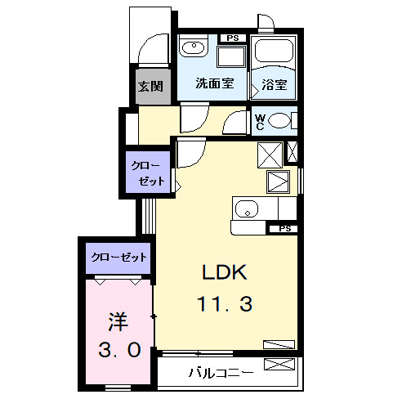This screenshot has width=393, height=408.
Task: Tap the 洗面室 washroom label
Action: pyautogui.click(x=215, y=83)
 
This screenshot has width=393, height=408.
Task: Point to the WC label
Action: pyautogui.click(x=260, y=122)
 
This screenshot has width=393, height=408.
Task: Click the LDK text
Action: pyautogui.click(x=224, y=271)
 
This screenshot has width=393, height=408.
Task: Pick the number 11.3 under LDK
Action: pyautogui.click(x=224, y=305)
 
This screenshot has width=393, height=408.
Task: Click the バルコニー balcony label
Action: pyautogui.click(x=221, y=373)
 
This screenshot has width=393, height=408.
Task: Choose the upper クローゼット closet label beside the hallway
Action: pyautogui.click(x=149, y=173)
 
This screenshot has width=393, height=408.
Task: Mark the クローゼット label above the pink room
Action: pyautogui.click(x=118, y=257)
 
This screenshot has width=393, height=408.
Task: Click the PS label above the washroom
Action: pyautogui.click(x=233, y=38)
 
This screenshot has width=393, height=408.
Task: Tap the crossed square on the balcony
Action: pyautogui.click(x=277, y=365)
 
